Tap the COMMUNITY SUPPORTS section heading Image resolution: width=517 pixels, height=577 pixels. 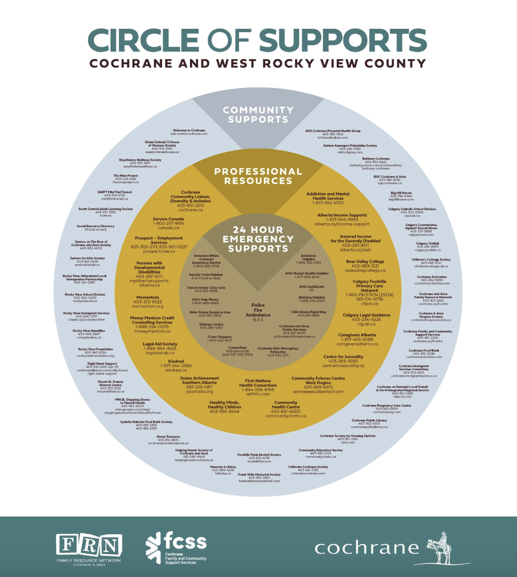click(258, 115)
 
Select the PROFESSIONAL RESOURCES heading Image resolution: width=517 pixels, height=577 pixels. click(258, 176)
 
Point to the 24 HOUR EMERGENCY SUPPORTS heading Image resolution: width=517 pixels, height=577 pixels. click(258, 239)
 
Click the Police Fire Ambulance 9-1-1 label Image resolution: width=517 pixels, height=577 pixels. click(258, 313)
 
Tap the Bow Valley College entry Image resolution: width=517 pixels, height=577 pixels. click(365, 266)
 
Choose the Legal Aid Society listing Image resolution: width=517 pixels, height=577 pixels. click(160, 348)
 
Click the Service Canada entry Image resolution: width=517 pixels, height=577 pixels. click(168, 223)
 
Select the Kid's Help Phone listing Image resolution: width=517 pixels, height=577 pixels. click(205, 301)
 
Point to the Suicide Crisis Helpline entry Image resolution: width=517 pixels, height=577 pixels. click(206, 276)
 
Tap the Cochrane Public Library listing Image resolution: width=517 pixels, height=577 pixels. click(369, 423)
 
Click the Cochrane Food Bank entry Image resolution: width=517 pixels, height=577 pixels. click(424, 353)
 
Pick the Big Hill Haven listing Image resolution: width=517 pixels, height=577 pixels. click(401, 196)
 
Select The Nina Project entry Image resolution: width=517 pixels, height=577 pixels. click(126, 179)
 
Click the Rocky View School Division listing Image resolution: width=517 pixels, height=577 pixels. click(85, 297)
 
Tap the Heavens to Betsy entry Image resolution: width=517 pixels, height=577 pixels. click(223, 470)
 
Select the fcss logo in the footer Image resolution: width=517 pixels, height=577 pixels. click(176, 548)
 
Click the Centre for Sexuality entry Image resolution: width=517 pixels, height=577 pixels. click(343, 361)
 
